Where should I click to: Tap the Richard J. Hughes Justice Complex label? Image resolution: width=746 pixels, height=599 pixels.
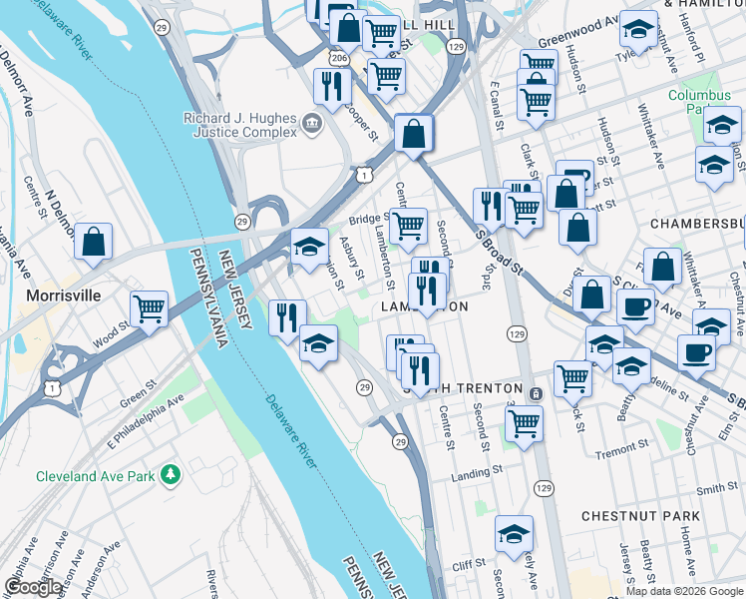click(239, 126)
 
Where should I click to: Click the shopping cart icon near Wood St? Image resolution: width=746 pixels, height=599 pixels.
click(149, 309)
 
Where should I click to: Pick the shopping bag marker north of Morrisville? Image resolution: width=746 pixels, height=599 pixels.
click(93, 242)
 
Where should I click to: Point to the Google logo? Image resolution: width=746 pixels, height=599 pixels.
click(32, 587)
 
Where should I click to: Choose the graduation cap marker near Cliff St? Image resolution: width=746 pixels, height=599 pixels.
click(514, 535)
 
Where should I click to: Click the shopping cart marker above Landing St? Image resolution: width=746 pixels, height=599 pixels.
click(524, 423)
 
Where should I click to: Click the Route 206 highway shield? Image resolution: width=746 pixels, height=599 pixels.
click(339, 59)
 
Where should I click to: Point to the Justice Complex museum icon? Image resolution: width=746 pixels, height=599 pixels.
click(311, 126)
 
